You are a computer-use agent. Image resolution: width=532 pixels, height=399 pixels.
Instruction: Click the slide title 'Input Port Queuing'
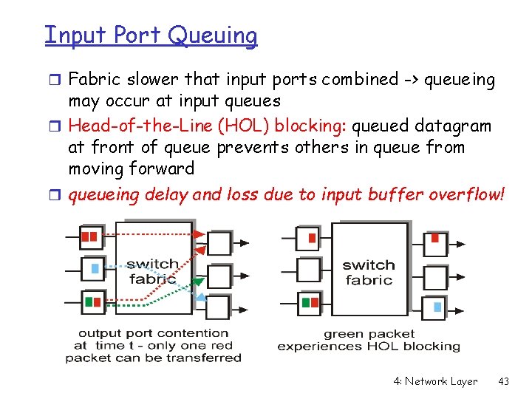pos(151,35)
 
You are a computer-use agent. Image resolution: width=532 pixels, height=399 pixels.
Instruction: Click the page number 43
pos(504,381)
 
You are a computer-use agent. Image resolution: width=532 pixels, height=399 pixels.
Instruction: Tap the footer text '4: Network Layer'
pos(435,381)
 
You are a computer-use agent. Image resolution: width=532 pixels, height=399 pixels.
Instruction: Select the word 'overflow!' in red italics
pos(467,195)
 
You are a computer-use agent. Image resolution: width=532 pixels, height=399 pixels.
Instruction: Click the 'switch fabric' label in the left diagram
pos(152,272)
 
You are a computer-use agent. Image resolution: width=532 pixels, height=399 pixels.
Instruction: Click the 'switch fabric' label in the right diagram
pos(368,272)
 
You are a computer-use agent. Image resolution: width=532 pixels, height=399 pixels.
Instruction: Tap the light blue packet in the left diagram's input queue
pos(95,269)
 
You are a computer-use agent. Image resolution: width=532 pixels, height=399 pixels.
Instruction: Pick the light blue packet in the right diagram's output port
pos(437,306)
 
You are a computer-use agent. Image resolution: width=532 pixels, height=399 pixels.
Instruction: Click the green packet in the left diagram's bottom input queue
pos(89,301)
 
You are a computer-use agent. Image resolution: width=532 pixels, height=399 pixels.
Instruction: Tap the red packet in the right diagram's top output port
pos(435,239)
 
